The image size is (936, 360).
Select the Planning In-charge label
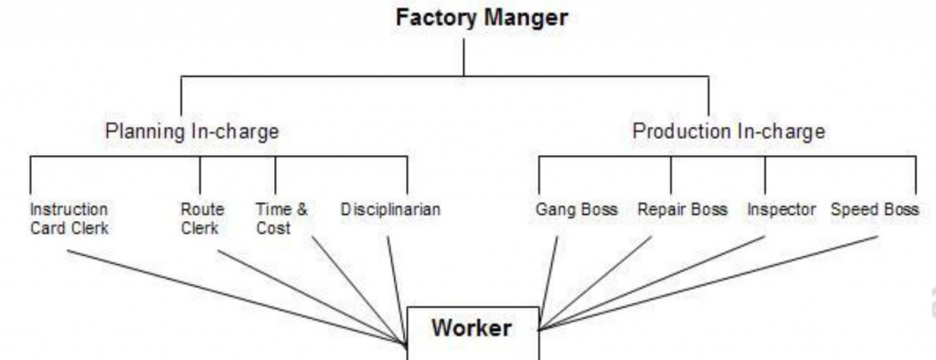(192, 132)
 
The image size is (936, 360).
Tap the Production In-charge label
(729, 132)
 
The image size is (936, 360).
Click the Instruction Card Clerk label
(69, 219)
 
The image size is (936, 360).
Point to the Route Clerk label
(200, 219)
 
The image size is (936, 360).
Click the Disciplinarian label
(390, 210)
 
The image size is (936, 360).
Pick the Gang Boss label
(576, 210)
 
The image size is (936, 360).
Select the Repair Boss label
(682, 210)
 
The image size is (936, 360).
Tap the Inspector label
(781, 210)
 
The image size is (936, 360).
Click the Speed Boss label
(875, 210)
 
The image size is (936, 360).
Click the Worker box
(472, 330)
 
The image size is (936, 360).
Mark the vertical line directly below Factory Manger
(463, 57)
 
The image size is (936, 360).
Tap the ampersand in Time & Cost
(301, 210)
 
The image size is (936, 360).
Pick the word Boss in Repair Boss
(709, 210)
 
